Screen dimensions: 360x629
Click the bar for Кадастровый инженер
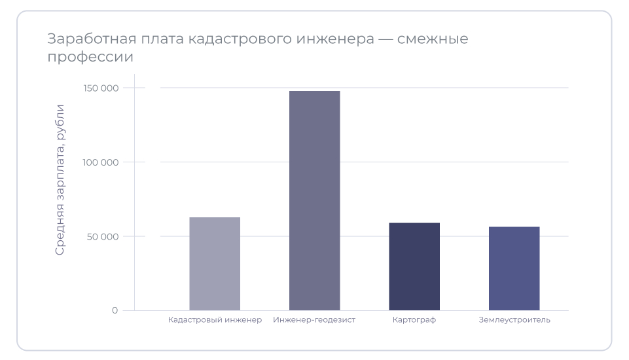click(215, 264)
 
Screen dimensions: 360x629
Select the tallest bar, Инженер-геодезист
click(314, 200)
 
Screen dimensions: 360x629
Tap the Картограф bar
click(414, 266)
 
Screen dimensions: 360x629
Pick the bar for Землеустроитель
click(514, 268)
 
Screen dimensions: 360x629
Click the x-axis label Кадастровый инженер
click(215, 320)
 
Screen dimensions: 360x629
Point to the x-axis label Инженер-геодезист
click(314, 320)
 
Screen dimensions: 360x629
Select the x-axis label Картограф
click(414, 320)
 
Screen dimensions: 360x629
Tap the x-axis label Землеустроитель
click(514, 320)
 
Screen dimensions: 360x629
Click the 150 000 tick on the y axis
click(101, 88)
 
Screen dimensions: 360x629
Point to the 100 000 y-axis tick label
click(101, 162)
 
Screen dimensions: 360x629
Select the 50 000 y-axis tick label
click(103, 236)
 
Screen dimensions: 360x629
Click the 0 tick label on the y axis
click(115, 310)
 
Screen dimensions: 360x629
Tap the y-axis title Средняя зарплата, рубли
click(60, 179)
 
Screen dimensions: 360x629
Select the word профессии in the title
click(90, 57)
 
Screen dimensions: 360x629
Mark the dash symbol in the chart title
click(389, 39)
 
